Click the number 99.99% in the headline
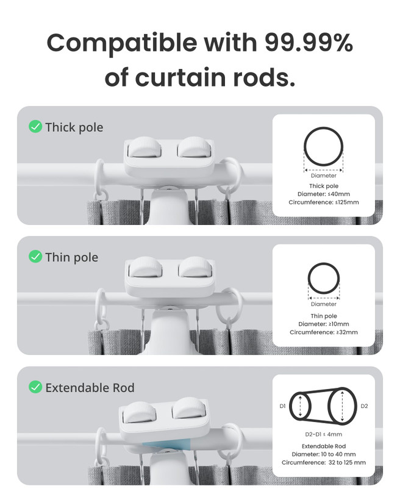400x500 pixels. point(309,43)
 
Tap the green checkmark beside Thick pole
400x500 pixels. point(35,127)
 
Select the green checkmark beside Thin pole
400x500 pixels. point(35,256)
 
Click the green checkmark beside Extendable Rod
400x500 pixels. point(35,387)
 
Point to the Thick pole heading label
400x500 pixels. point(74,127)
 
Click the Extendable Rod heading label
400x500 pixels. point(90,388)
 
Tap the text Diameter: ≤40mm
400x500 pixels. point(323,194)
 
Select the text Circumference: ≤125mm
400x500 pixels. point(323,202)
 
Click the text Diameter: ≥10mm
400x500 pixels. point(323,324)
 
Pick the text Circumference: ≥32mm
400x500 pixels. point(323,332)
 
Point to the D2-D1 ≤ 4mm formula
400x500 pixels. point(323,434)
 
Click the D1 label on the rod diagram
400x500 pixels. point(282,406)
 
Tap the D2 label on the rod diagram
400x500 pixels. point(364,406)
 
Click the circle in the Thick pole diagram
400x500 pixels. point(323,127)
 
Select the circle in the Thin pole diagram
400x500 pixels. point(323,263)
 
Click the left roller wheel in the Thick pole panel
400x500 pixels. point(145,147)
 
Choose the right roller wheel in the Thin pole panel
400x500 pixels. point(195,267)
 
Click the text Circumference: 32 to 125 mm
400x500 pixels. point(323,462)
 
